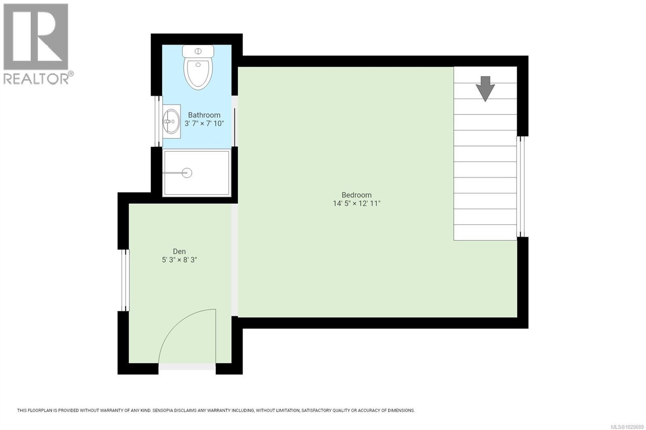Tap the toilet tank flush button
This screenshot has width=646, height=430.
click(x=198, y=51)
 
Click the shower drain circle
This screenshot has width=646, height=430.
click(x=187, y=173)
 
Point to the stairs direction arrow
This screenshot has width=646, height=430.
click(x=485, y=88)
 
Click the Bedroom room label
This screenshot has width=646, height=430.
click(x=357, y=195)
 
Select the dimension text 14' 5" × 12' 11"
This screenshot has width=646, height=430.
click(x=357, y=204)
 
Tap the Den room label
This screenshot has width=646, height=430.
click(x=179, y=251)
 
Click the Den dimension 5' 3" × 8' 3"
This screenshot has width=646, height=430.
click(x=179, y=260)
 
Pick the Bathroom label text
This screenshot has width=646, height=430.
click(x=204, y=115)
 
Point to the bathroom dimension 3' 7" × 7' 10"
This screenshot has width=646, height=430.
click(x=204, y=123)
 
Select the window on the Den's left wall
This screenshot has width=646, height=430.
click(x=126, y=280)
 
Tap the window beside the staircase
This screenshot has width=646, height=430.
click(x=521, y=186)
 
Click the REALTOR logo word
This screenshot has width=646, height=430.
click(x=36, y=79)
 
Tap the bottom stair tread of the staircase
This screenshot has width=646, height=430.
click(x=485, y=232)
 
